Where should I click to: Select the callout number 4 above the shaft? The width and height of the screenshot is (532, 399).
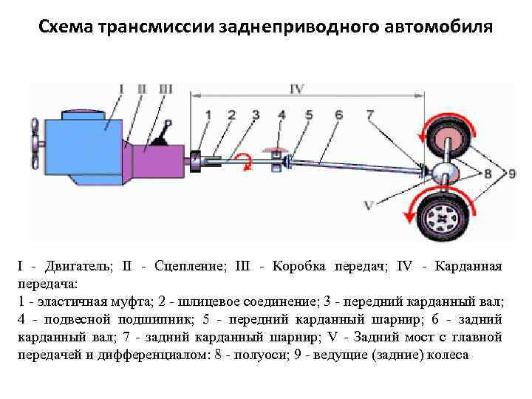coord(282,115)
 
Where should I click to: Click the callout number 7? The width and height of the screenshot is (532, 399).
coord(369,115)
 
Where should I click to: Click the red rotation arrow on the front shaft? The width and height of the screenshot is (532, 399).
coord(242,157)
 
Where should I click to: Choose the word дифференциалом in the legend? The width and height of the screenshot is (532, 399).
coord(137,355)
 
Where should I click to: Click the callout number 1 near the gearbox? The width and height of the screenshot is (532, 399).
coord(208,115)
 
